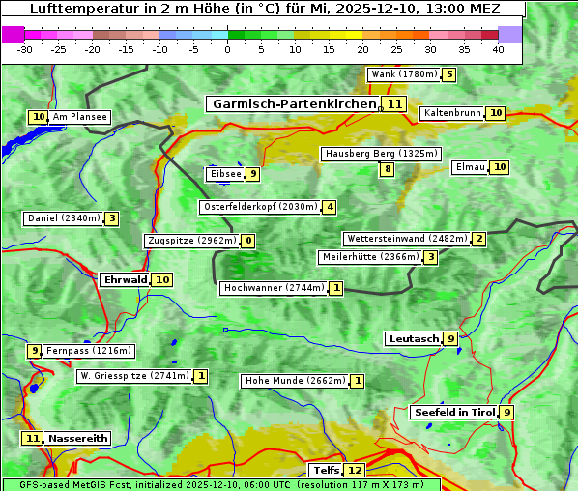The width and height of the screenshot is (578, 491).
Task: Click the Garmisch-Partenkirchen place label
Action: click(x=293, y=103)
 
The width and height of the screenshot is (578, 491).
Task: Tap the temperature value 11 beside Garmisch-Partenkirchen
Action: click(x=393, y=103)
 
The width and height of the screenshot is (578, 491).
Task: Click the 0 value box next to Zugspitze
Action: click(x=248, y=241)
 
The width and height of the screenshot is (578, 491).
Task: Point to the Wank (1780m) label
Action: click(x=403, y=74)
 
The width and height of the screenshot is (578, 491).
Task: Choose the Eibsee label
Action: click(x=225, y=174)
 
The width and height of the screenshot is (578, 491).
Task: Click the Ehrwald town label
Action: click(x=125, y=279)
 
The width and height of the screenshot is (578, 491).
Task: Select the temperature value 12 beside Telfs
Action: click(x=356, y=470)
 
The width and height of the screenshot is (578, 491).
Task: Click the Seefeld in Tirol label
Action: click(x=454, y=412)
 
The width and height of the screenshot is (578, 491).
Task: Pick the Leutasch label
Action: click(x=414, y=338)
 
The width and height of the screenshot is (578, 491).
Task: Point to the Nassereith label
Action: click(x=78, y=438)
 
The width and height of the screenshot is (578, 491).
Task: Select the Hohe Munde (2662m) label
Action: click(x=295, y=381)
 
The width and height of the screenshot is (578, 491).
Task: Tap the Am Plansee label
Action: click(x=80, y=117)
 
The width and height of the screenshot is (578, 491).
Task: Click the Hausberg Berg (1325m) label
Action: click(x=381, y=154)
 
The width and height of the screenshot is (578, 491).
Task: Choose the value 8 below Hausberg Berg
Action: click(x=387, y=169)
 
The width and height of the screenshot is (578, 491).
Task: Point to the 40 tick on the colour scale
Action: click(x=498, y=49)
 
